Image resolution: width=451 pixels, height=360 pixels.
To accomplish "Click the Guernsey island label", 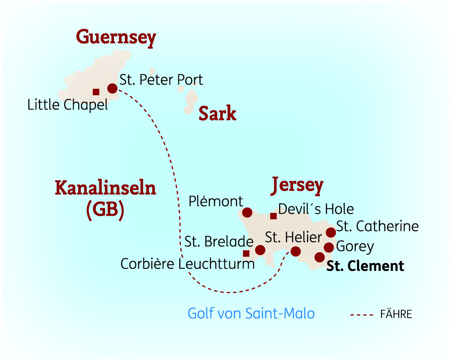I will click(x=116, y=38).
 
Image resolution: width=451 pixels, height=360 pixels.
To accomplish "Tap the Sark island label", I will click(x=217, y=114).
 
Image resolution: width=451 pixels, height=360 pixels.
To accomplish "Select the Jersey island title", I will click(x=297, y=185).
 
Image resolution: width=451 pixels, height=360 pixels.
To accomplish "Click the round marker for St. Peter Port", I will click(x=112, y=88).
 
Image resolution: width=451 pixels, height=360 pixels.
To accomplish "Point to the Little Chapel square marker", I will click(x=96, y=92).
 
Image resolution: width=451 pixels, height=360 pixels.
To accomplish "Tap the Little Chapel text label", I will click(x=68, y=105).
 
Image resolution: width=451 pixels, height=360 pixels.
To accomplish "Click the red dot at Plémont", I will click(x=247, y=212).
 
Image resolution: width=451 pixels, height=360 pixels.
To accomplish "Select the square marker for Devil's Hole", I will click(x=273, y=216).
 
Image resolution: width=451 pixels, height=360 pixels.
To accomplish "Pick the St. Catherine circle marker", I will click(x=331, y=232).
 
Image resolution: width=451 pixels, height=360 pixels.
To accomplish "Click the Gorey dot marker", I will click(x=329, y=247).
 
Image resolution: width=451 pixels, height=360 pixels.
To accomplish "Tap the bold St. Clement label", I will click(x=365, y=266).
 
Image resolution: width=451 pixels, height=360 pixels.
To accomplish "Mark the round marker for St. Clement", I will click(x=320, y=257).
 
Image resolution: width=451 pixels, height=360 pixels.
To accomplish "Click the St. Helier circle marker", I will click(x=296, y=251).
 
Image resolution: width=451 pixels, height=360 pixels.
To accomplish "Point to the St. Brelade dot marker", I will click(x=260, y=250).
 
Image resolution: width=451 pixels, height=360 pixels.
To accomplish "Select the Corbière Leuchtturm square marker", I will click(x=246, y=254).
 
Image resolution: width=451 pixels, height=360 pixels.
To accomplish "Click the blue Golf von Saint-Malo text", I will click(x=251, y=313).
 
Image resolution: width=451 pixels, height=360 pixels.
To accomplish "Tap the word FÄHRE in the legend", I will click(x=396, y=314).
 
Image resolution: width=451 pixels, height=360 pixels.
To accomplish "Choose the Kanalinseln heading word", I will click(x=105, y=189).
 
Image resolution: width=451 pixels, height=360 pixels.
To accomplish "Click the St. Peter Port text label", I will click(x=161, y=80).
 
